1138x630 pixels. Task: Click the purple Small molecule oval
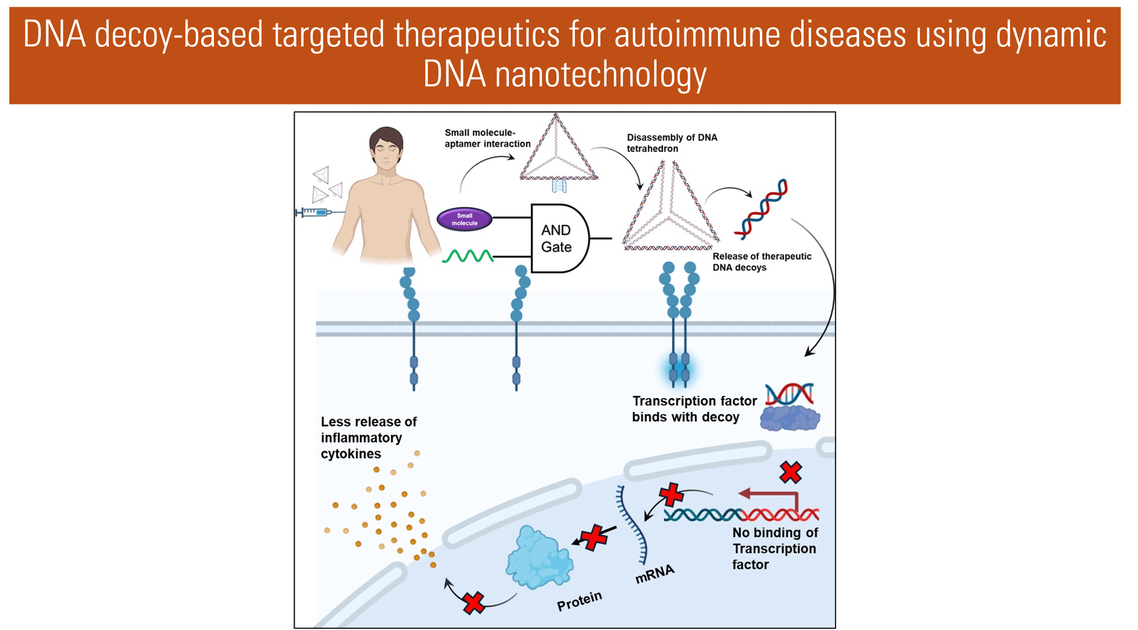pyautogui.click(x=464, y=219)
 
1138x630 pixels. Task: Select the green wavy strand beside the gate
pyautogui.click(x=467, y=256)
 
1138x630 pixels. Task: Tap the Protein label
pyautogui.click(x=579, y=601)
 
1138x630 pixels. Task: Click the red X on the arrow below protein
pyautogui.click(x=474, y=603)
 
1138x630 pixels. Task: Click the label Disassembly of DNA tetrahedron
pyautogui.click(x=671, y=143)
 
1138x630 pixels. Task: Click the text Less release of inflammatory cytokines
pyautogui.click(x=368, y=437)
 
